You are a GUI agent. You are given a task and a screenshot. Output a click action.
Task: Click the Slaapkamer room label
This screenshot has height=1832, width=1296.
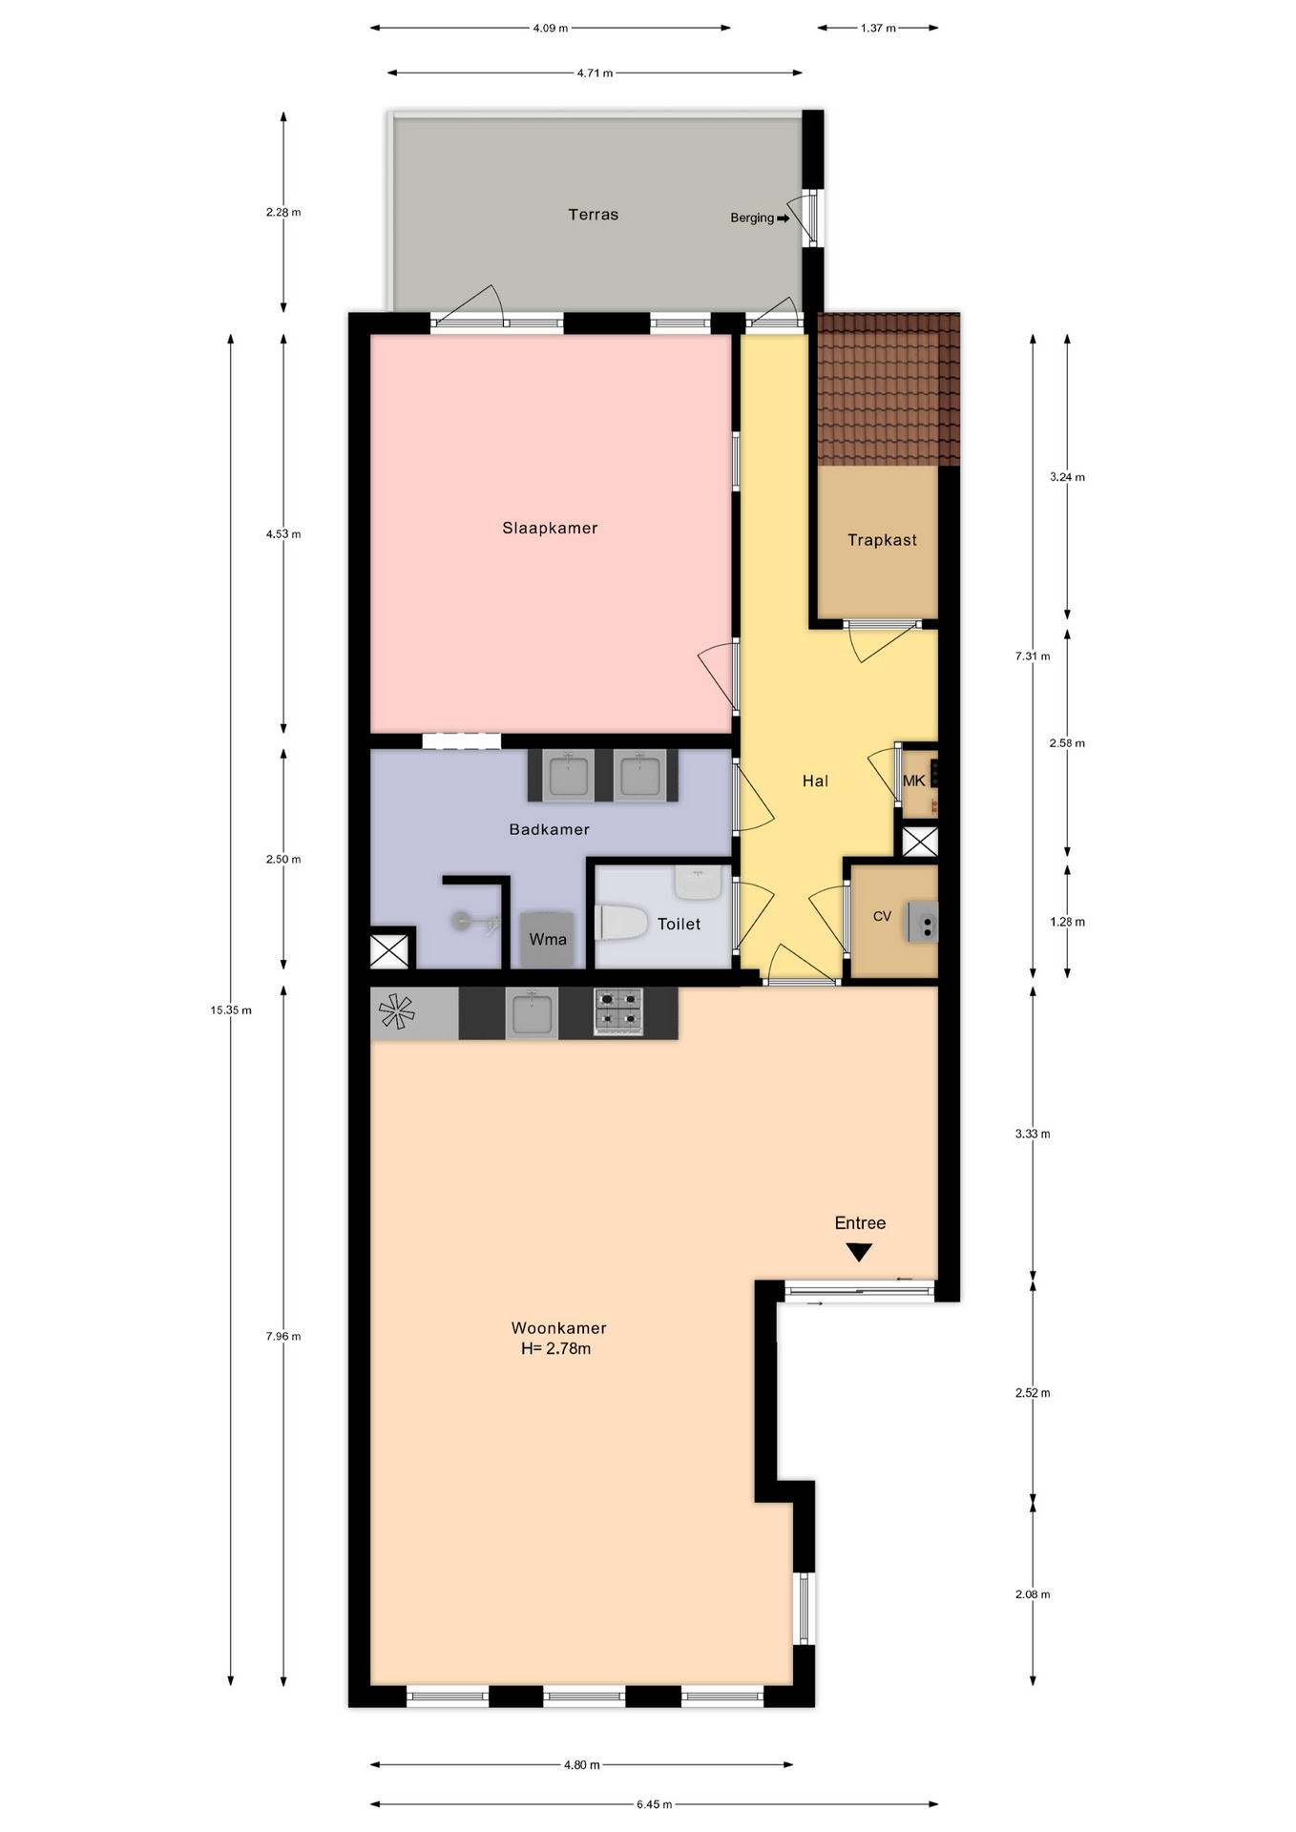point(550,528)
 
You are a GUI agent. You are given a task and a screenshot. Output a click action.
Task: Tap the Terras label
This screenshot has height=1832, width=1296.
point(594,215)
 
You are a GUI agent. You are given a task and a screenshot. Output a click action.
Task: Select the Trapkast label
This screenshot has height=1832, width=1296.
point(882,540)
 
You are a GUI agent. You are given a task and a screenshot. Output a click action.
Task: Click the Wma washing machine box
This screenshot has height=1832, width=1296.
point(548,940)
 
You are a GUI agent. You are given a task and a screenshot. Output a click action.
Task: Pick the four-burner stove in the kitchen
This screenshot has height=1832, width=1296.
point(619,1011)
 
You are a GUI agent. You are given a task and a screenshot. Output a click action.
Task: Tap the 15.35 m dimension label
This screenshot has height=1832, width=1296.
point(231,1010)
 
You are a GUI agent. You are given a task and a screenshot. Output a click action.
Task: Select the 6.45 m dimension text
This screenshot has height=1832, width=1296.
point(655,1804)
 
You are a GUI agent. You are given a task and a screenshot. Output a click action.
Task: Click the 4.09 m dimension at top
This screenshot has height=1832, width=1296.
point(551,29)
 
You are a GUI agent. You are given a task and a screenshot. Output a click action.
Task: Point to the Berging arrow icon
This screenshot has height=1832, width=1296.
point(784,219)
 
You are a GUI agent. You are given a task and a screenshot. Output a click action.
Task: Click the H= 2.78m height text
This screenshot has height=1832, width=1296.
point(555,1348)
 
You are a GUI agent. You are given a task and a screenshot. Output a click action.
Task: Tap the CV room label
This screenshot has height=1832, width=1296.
point(882,916)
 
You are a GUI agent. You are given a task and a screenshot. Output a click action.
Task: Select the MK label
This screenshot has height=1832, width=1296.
point(914,781)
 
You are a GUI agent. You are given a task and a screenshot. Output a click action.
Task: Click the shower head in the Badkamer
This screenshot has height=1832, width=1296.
point(462,922)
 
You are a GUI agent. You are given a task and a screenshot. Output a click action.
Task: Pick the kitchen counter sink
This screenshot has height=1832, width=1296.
point(532,1012)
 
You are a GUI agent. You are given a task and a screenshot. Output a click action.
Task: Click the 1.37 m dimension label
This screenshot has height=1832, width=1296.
point(878,29)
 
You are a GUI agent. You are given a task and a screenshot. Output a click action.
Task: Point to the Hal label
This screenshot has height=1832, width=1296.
point(815,781)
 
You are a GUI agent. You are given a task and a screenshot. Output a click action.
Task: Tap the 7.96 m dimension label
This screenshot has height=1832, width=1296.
point(283,1337)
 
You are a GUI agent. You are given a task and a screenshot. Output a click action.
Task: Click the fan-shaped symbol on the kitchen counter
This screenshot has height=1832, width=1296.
point(397,1011)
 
